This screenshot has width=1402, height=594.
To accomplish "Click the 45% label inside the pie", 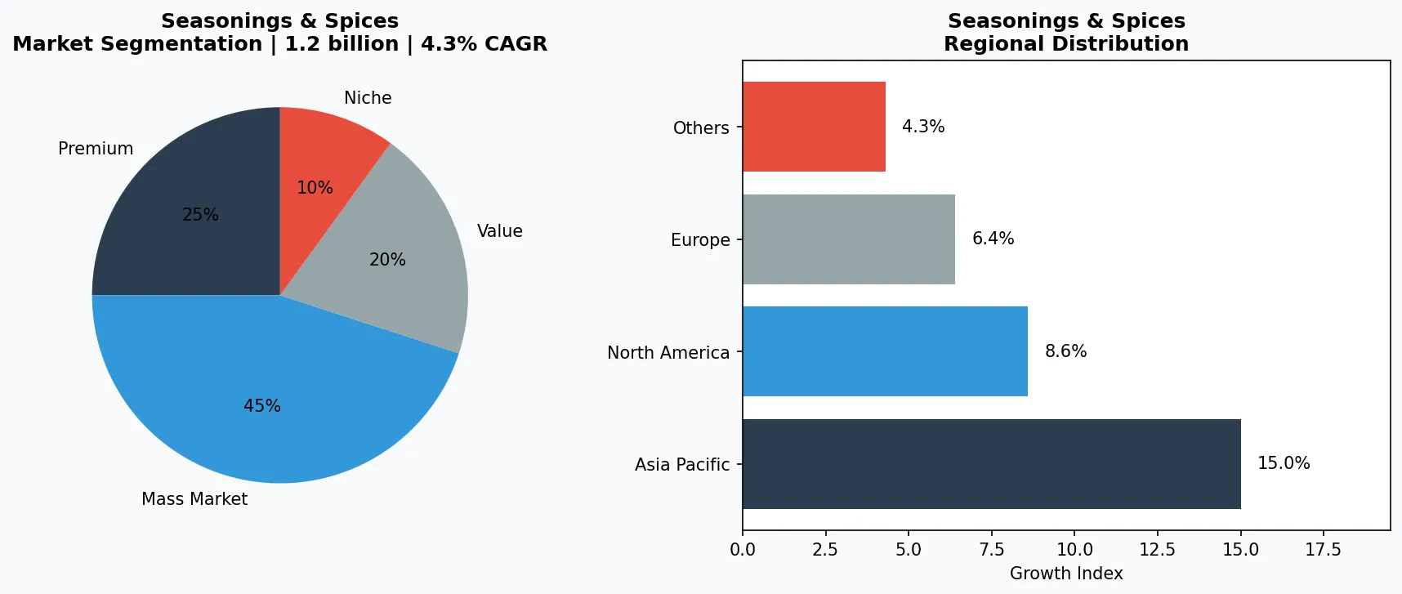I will pos(262,406).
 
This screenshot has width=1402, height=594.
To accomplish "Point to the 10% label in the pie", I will pos(315,188).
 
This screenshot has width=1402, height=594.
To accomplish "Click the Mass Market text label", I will pos(194,499).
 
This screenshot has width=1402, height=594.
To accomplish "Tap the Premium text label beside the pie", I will pos(96,149).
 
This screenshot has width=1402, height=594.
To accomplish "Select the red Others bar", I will pos(813,127).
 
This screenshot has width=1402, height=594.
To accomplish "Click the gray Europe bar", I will pos(848,239).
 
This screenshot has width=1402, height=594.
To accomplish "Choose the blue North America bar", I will pos(884,351).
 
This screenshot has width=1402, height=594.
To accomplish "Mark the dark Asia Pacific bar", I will pos(990,464).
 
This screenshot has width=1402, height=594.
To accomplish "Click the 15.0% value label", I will pos(1284,463).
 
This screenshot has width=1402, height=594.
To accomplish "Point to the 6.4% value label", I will pos(993,239).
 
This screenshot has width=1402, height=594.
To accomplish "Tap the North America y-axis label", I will pos(668,353).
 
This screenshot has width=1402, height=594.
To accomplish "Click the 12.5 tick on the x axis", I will pos(1157,550).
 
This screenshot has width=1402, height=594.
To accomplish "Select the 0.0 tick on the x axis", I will pos(743,550).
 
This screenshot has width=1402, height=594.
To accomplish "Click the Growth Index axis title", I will pos(1066,574).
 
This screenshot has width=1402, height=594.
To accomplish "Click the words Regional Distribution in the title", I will pos(1066,44).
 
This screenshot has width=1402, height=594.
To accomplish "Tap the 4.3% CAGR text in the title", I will pos(484,44).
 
